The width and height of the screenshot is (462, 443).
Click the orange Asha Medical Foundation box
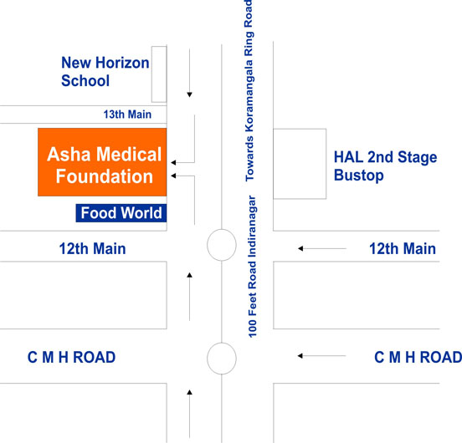point(102,162)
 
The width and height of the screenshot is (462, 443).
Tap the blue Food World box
point(121,213)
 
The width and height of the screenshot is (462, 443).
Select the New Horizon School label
point(105,72)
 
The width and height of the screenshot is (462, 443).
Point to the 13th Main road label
point(127,115)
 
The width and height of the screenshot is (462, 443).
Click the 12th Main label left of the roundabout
point(93,248)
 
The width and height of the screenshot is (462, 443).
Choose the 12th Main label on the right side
point(403,248)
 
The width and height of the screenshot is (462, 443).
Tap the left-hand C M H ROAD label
point(71,358)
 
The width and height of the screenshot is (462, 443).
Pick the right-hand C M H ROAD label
point(418,358)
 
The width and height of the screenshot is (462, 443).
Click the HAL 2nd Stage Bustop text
point(385,165)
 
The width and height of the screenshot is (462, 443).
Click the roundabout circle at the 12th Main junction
point(222,231)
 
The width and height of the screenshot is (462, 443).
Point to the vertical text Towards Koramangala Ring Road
point(249,90)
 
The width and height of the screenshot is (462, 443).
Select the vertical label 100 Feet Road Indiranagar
point(252,267)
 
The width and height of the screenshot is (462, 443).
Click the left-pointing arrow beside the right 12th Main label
point(322,248)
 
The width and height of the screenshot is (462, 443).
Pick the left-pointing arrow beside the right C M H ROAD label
point(322,356)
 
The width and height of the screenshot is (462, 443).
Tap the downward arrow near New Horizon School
point(189,73)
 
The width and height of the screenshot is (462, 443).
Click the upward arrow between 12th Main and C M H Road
point(189,297)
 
